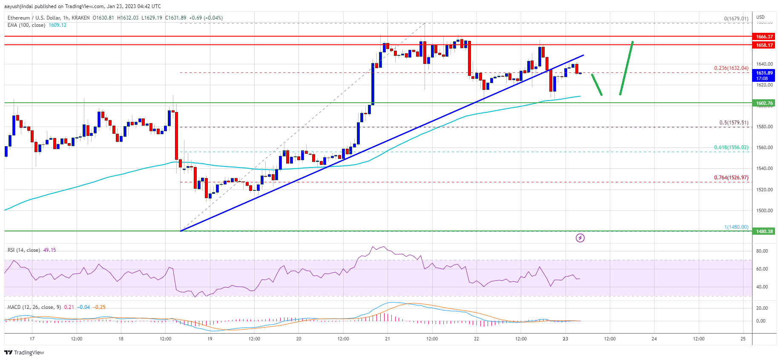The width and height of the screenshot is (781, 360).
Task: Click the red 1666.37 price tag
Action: click(x=764, y=37)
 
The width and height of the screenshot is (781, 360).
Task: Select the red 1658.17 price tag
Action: click(x=764, y=45)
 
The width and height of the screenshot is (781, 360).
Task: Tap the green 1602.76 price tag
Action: click(x=764, y=103)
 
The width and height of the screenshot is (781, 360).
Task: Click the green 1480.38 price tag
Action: click(x=764, y=231)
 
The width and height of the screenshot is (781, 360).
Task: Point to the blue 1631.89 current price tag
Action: click(x=764, y=75)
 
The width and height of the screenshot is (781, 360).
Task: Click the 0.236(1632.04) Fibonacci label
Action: click(x=731, y=68)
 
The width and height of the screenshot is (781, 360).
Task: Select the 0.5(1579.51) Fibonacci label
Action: click(x=734, y=123)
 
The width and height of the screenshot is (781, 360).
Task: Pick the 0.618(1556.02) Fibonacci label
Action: click(x=731, y=147)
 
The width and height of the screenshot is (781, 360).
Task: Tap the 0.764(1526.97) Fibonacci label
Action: click(x=731, y=178)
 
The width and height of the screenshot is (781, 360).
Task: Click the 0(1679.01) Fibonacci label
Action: click(x=736, y=19)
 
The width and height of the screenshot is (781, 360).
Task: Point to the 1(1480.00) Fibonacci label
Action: click(x=736, y=227)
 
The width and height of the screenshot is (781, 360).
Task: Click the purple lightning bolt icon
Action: click(x=580, y=238)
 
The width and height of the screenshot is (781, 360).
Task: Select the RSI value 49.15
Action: click(x=49, y=250)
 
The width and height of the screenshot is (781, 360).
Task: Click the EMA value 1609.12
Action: click(x=57, y=25)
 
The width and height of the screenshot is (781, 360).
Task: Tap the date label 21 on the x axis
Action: click(x=388, y=339)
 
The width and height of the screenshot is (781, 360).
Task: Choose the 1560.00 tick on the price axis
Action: click(x=764, y=147)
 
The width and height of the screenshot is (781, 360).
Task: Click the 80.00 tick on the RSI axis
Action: click(x=762, y=251)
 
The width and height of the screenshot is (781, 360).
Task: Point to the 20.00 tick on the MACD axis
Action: click(x=762, y=308)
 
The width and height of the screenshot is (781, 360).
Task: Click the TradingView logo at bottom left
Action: click(x=24, y=352)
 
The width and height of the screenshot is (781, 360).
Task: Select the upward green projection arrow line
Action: click(x=626, y=68)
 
